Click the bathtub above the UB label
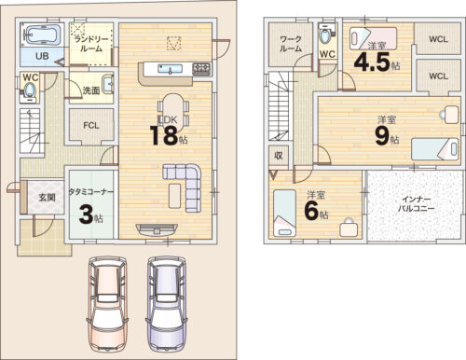42,35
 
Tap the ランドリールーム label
91,44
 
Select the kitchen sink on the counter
170,69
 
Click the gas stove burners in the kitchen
201,69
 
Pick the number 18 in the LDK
164,135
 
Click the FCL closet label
91,126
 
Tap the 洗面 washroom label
91,90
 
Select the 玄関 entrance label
47,197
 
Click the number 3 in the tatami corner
87,215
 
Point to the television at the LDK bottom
157,229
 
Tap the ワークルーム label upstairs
291,44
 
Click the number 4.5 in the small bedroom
372,62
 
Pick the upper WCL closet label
438,39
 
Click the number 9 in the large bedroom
382,137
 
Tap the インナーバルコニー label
417,204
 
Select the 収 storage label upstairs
279,156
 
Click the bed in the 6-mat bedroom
284,214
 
